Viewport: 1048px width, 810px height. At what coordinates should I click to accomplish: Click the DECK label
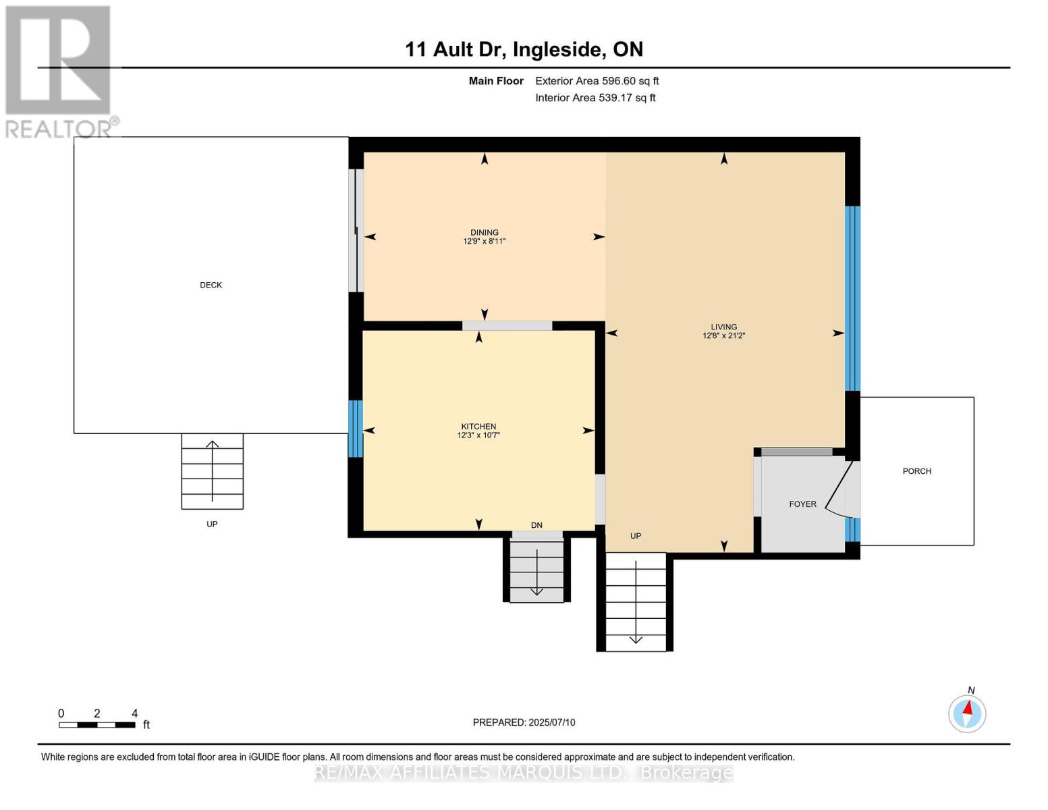coord(211,285)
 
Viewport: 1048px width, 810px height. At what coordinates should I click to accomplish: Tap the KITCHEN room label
coord(478,427)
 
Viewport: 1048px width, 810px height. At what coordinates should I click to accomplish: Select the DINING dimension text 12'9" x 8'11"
coord(484,241)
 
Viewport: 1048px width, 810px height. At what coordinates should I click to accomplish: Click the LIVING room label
coord(723,327)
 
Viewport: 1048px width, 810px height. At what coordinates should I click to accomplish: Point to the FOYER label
coord(802,504)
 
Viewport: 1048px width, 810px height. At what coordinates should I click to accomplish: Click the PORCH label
coord(916,471)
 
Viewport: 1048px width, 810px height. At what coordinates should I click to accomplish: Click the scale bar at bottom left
coord(96,725)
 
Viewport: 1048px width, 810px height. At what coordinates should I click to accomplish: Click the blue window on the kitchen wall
coord(355,429)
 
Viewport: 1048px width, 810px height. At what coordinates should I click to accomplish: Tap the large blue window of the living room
coord(853,298)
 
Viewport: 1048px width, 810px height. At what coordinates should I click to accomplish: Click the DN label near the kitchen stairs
coord(536,525)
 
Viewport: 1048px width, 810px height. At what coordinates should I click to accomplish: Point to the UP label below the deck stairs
coord(212,524)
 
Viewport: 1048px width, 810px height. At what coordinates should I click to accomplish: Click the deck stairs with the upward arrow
coord(212,471)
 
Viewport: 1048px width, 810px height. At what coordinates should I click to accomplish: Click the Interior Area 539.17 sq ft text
coord(595,98)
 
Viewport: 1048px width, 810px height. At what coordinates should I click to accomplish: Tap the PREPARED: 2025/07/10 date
coord(524,722)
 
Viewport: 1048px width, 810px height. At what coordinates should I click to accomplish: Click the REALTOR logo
coord(59,71)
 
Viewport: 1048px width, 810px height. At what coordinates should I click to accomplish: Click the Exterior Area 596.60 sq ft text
coord(597,81)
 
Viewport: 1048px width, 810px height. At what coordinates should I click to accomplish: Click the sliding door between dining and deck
coord(356,230)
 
